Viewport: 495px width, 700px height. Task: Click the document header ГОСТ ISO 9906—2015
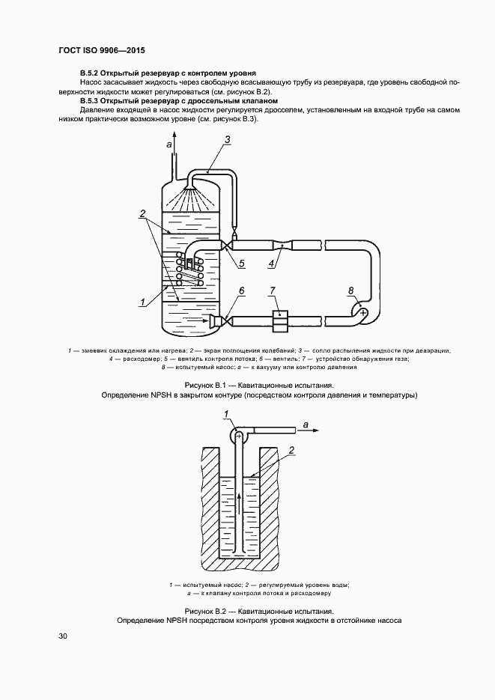point(101,50)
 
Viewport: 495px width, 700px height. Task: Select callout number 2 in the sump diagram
point(291,450)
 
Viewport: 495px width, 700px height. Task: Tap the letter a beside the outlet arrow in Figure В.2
point(306,425)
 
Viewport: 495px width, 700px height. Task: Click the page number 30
point(63,636)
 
